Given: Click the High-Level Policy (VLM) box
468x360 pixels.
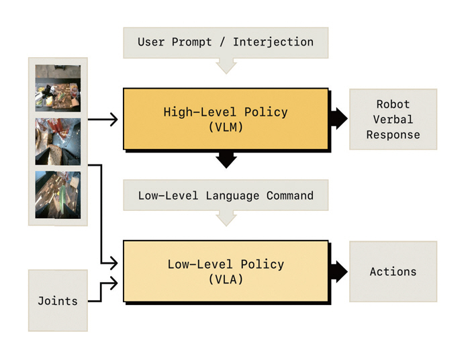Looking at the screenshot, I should click(x=226, y=119).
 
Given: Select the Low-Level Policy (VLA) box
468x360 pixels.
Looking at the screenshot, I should click(x=226, y=271).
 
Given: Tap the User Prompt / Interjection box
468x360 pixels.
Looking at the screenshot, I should click(x=226, y=42).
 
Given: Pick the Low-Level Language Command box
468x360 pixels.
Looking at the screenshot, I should click(x=226, y=195).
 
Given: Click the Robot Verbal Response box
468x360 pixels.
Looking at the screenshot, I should click(x=393, y=120).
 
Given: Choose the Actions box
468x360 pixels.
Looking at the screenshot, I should click(x=393, y=271).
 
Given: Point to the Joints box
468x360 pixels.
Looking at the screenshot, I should click(x=58, y=300).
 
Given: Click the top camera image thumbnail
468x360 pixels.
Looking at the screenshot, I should click(x=58, y=87).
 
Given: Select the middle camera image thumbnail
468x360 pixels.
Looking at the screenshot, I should click(x=58, y=141).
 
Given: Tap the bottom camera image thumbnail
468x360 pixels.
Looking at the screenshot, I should click(x=58, y=195).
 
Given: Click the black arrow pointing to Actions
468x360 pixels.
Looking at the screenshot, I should click(x=340, y=271).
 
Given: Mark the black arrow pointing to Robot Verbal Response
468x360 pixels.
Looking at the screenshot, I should click(x=340, y=119).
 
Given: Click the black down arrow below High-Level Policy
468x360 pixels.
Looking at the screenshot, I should click(x=226, y=160).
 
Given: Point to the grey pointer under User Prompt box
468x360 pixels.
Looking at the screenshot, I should click(x=226, y=65).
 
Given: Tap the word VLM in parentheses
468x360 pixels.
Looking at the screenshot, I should click(x=226, y=126).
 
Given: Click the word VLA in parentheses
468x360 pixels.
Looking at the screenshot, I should click(x=226, y=279).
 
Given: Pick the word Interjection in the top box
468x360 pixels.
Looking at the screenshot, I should click(x=273, y=42).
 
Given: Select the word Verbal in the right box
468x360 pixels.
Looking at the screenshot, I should click(x=393, y=120).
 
